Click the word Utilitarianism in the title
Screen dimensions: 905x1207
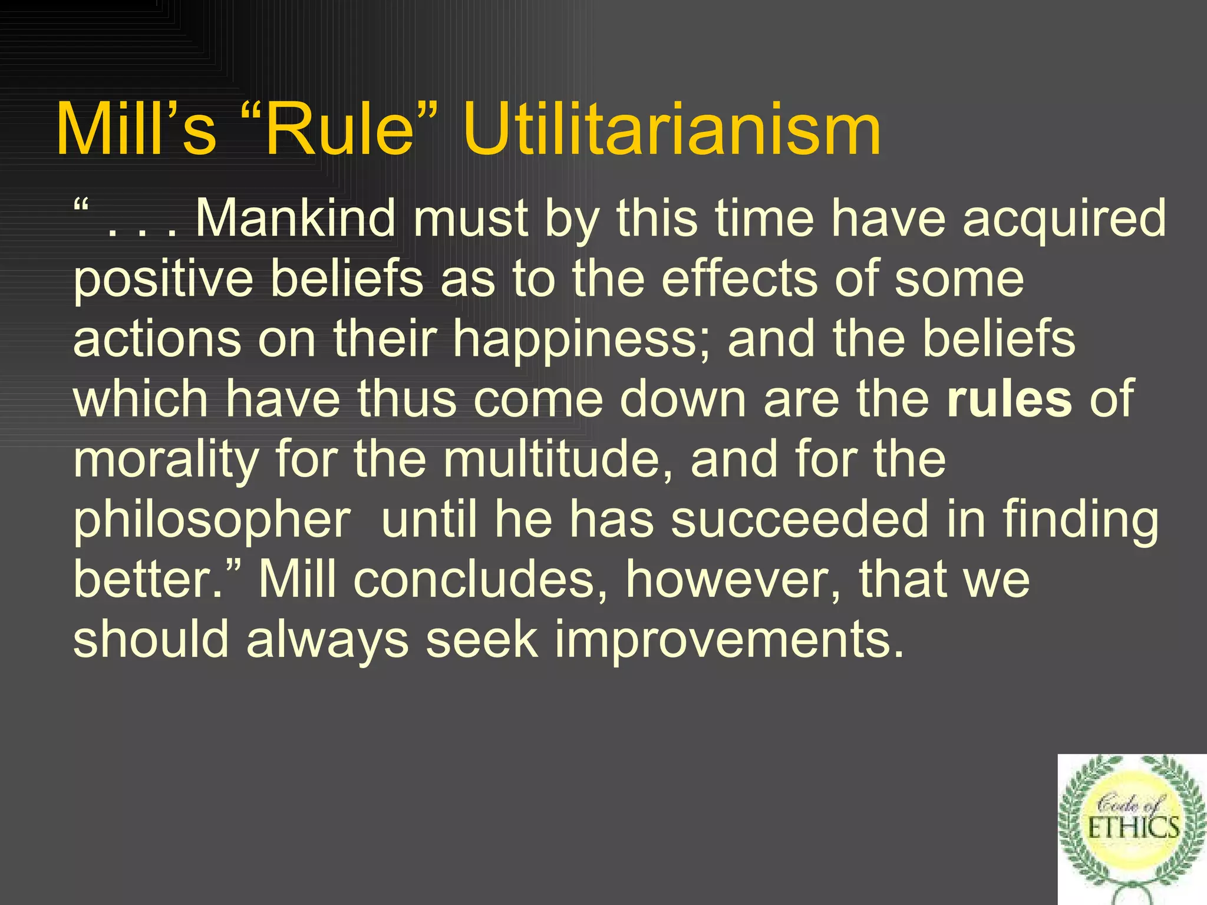671,130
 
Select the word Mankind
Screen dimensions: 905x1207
295,219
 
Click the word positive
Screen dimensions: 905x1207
163,280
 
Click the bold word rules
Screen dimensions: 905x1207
1009,399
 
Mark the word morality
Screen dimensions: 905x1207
166,461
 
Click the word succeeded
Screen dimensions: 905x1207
800,520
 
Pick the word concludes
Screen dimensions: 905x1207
480,580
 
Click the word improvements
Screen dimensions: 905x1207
728,641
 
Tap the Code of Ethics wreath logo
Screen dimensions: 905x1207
1132,829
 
